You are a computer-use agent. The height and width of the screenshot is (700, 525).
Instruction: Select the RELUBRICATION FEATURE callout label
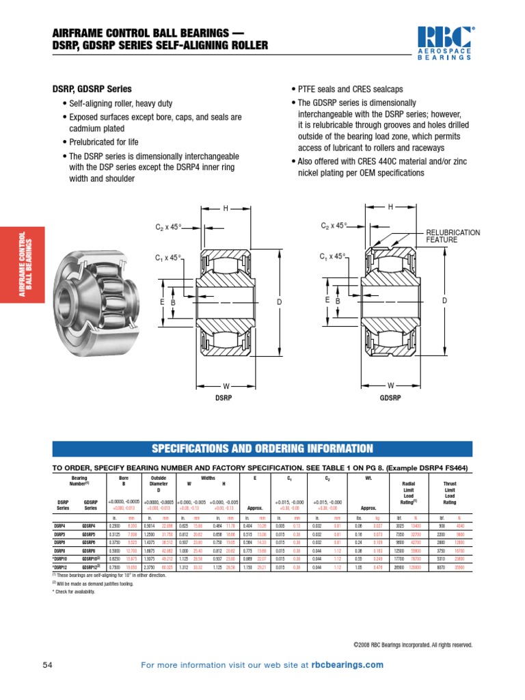coord(453,237)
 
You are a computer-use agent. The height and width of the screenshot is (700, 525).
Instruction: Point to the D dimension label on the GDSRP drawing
coord(444,301)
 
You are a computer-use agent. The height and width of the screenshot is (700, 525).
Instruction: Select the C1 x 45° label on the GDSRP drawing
coord(333,256)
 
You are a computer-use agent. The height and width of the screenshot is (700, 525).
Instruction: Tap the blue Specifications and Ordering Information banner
coord(262,448)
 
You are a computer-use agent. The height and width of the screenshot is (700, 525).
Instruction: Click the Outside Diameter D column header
coord(159,484)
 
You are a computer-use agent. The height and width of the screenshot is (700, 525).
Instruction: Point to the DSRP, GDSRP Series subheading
coord(92,89)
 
